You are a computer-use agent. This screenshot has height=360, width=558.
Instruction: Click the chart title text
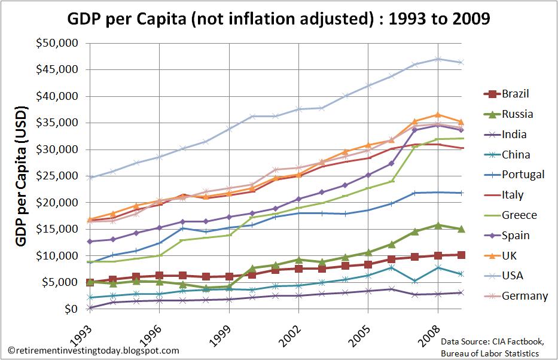point(278,19)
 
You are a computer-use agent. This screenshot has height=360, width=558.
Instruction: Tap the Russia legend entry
point(507,114)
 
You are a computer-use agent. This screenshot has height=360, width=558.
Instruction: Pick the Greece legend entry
point(508,215)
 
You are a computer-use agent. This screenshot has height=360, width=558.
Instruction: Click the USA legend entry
point(505,276)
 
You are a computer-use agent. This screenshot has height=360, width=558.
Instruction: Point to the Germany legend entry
point(513,296)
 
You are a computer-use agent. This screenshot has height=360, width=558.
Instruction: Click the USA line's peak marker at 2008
point(438,59)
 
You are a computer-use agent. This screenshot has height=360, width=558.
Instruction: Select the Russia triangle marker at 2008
point(438,225)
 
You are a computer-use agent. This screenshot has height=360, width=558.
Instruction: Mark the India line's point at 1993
point(90,307)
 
